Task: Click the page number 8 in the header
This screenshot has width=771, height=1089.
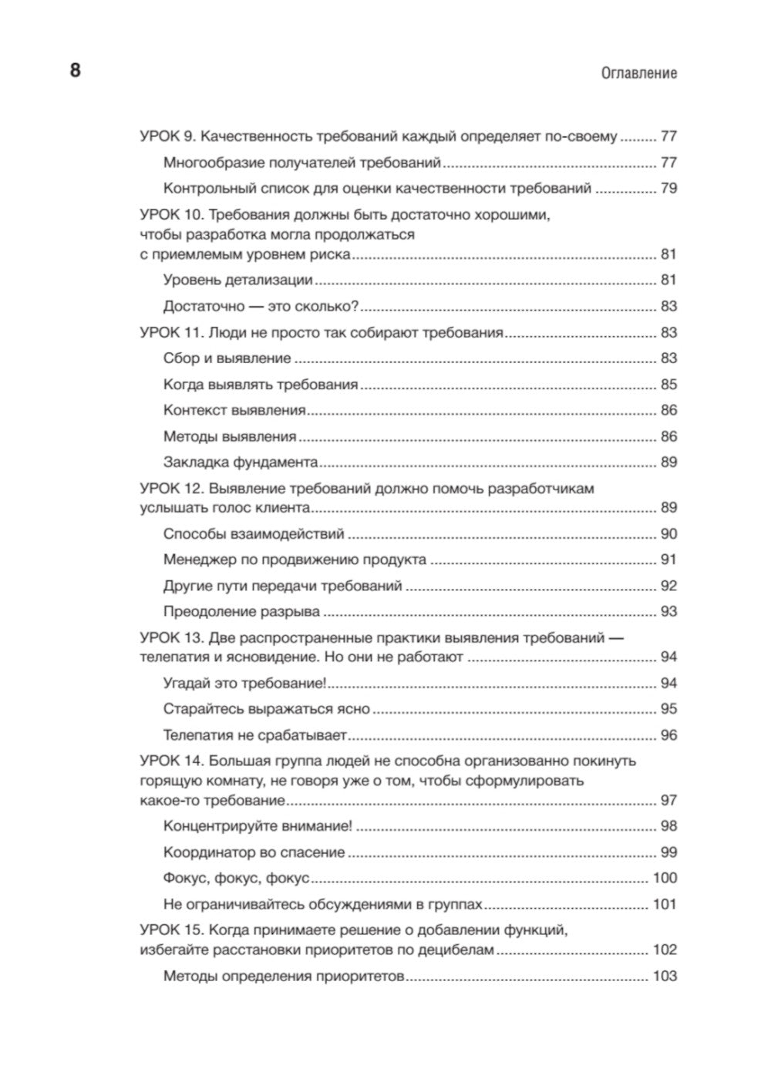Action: click(75, 71)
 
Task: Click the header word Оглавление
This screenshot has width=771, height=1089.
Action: click(638, 73)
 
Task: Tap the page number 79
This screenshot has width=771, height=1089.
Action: click(668, 188)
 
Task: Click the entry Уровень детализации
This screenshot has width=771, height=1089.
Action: click(237, 281)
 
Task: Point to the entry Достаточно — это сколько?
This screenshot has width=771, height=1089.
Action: click(261, 306)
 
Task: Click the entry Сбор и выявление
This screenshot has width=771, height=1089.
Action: click(227, 358)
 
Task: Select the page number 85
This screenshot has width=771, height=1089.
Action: click(668, 385)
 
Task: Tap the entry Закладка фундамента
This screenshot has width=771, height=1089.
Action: click(241, 462)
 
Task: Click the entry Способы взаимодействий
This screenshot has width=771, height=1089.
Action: click(254, 534)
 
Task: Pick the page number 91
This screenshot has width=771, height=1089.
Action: click(668, 560)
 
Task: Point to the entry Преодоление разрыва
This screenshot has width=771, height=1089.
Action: click(241, 612)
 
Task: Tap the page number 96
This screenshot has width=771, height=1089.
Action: click(668, 735)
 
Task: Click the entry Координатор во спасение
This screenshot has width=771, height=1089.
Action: click(254, 852)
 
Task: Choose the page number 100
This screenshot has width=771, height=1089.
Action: click(665, 878)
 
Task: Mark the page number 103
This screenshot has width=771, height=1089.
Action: click(665, 976)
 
